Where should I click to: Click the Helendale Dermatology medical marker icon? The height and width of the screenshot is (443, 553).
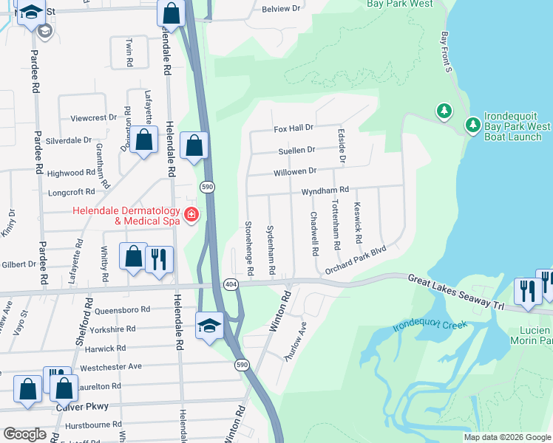coord(191,215)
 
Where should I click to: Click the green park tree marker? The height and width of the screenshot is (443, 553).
coord(444,111)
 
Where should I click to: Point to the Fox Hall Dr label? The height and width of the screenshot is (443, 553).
coord(294,128)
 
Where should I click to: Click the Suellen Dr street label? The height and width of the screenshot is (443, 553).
coord(296,150)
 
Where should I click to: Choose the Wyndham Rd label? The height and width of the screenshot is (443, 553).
coord(324,190)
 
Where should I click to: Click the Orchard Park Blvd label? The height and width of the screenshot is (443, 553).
coord(356,260)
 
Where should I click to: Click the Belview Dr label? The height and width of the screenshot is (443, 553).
coord(282,9)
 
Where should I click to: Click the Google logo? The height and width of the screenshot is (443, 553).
coord(24,434)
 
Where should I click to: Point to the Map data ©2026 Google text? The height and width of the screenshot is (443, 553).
coord(506,437)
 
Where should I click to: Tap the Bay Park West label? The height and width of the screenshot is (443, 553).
coord(400,4)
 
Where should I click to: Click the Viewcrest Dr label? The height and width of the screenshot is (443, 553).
coord(93,118)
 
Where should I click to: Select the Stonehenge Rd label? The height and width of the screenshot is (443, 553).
coord(249,247)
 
